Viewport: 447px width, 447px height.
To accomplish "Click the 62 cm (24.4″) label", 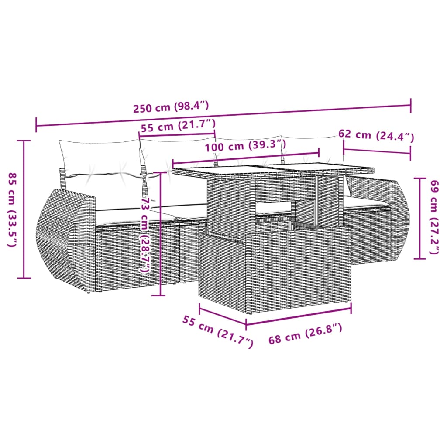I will coord(376,136).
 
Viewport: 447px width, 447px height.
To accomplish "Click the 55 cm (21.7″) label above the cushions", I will coord(178,127).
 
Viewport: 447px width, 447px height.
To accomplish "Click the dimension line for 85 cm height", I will coord(24,210).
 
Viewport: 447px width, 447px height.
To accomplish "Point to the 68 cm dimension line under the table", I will coord(299,316).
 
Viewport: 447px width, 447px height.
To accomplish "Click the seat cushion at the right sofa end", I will coord(364,202).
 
